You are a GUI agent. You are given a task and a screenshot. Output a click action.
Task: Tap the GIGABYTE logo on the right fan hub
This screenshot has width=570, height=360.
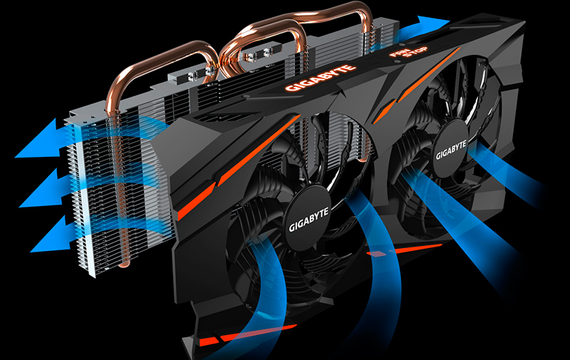450,150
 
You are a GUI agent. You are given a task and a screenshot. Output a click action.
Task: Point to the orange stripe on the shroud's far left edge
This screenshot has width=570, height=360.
187,207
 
